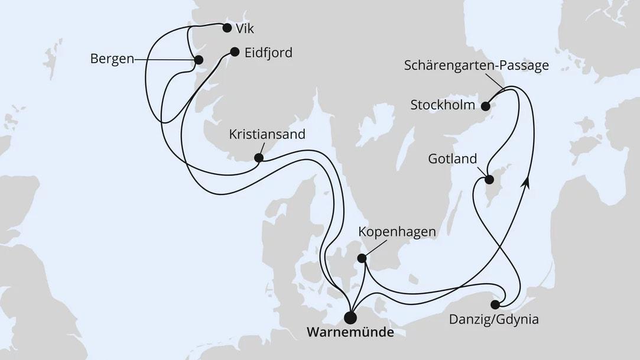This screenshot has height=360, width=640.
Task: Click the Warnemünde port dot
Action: [350, 318]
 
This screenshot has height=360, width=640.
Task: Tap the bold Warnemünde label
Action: [350, 333]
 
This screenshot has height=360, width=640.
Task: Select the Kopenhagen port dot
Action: [362, 258]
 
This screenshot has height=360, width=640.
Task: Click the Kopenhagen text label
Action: [397, 232]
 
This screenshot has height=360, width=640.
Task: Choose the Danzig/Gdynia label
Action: [493, 321]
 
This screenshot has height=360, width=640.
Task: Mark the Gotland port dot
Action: [489, 180]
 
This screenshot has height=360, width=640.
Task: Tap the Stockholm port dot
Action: [485, 106]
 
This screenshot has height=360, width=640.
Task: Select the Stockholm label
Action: [443, 106]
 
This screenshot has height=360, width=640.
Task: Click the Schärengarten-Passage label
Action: [476, 66]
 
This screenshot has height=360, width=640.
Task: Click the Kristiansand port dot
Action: [258, 158]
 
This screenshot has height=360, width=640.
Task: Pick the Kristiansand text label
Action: [267, 134]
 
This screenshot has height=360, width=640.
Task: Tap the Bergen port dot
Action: [199, 59]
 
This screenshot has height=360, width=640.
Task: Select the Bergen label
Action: [112, 59]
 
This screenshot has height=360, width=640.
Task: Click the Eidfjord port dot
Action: [234, 51]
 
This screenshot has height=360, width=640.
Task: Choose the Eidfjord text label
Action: [268, 52]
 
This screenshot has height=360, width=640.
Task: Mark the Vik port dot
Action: [226, 27]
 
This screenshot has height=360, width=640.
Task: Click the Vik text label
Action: [248, 28]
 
